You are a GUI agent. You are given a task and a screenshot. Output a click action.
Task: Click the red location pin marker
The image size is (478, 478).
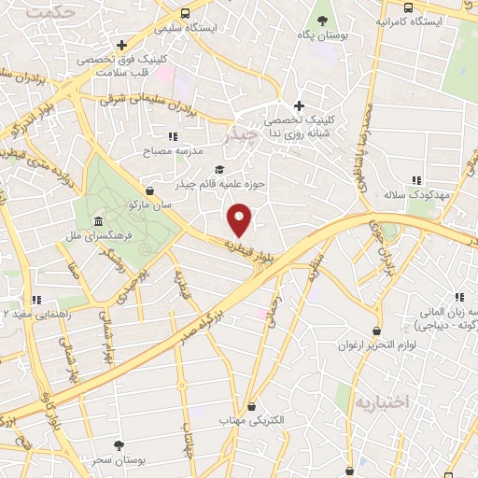coord(240,218)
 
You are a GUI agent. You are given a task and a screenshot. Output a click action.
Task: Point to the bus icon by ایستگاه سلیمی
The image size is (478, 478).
coord(186,13)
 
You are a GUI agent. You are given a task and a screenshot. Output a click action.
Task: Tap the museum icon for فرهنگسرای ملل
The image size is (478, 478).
coord(99,221)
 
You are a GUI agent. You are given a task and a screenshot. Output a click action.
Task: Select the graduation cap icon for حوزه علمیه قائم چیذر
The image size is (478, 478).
coord(219,169)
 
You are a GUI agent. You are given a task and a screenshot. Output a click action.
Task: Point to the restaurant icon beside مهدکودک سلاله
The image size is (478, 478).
coord(416,180)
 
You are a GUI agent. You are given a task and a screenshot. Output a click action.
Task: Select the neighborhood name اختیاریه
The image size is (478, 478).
coord(381,401)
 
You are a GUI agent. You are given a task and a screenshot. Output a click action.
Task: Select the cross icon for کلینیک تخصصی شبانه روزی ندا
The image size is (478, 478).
coord(299,105)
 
